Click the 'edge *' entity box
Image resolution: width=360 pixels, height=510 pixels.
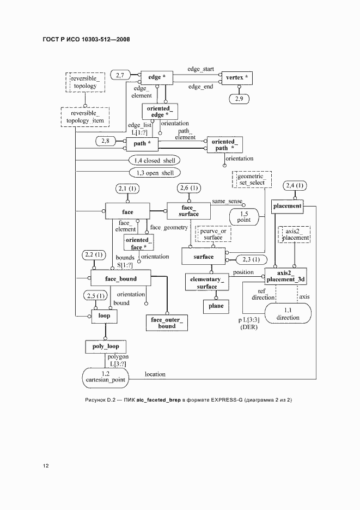(x=156, y=78)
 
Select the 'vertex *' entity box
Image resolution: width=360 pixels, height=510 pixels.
(x=237, y=78)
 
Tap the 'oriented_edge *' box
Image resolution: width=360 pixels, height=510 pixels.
(x=160, y=112)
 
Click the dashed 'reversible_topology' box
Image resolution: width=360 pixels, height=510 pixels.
(x=85, y=82)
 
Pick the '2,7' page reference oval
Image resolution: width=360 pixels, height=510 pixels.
(x=120, y=75)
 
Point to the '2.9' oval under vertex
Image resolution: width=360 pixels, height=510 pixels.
(x=239, y=99)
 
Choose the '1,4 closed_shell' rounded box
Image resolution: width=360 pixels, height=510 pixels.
(x=154, y=160)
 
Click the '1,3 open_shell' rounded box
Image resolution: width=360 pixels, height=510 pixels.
(x=155, y=173)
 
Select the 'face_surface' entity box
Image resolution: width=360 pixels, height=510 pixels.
(x=188, y=211)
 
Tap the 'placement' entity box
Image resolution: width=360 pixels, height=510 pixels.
(x=287, y=206)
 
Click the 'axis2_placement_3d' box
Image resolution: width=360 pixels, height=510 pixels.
(x=285, y=276)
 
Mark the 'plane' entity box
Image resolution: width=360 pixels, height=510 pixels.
(x=216, y=306)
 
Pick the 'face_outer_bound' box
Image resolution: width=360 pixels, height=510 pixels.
(x=167, y=323)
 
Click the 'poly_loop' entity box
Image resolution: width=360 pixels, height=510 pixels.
(x=106, y=347)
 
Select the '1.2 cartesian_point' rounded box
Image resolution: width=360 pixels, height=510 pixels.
(x=105, y=378)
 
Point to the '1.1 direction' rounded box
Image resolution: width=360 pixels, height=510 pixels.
(x=288, y=313)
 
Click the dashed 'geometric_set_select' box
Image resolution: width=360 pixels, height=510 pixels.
(x=252, y=180)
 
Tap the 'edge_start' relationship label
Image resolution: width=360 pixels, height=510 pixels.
(x=200, y=69)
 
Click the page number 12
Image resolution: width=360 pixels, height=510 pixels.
(x=46, y=466)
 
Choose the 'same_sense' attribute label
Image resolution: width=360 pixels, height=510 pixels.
(x=227, y=202)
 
